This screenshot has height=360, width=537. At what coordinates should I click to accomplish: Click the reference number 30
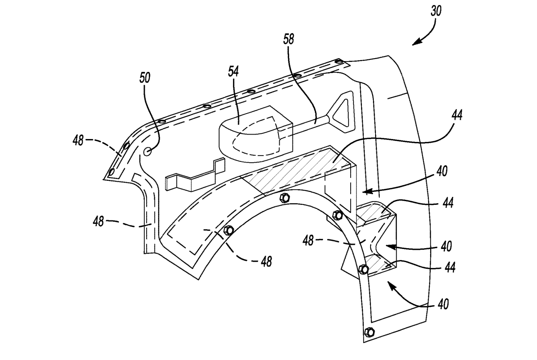(x=436, y=11)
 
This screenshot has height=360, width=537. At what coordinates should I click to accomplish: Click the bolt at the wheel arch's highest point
(x=284, y=197)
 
